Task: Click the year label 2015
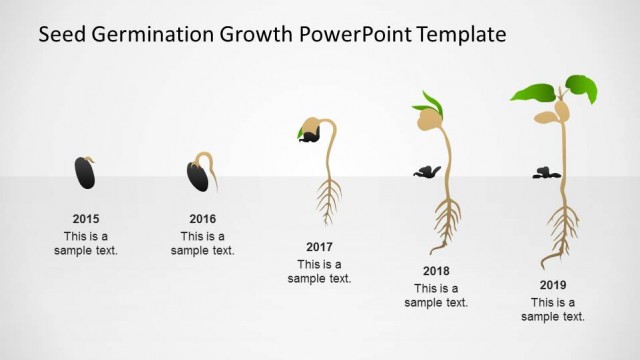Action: (86, 218)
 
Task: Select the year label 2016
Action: (203, 218)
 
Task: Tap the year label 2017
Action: (319, 246)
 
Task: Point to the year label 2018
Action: (436, 271)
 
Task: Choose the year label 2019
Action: (553, 285)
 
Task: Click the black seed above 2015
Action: (85, 173)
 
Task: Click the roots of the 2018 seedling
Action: (445, 222)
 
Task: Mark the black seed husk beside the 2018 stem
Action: (427, 171)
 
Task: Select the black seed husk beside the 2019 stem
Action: (545, 172)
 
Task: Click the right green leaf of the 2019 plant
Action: (581, 88)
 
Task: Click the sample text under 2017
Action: (319, 271)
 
